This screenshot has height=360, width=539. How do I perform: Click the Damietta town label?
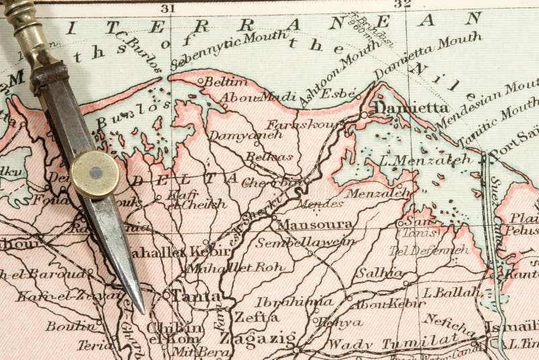[x=411, y=107]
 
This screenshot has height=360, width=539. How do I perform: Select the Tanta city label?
[x=196, y=296]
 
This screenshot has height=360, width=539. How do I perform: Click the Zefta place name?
[x=255, y=316]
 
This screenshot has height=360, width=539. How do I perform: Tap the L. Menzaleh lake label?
[x=425, y=160]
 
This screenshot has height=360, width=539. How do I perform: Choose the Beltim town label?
[x=217, y=82]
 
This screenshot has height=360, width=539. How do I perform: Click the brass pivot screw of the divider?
[x=95, y=174]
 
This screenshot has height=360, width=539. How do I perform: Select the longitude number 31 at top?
[x=168, y=8]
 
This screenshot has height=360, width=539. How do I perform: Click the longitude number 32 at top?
[x=402, y=4]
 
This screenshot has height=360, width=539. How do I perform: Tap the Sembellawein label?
[x=296, y=242]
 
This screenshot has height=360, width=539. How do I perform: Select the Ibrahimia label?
[x=304, y=301]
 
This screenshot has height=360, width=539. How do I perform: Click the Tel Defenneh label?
[x=429, y=250]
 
